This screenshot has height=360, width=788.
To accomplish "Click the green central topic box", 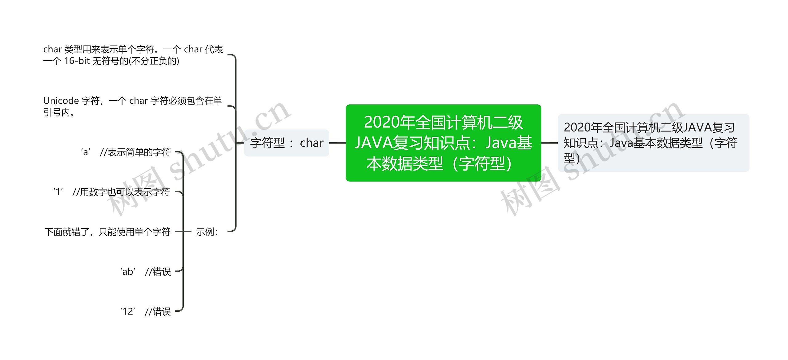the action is [x=443, y=143].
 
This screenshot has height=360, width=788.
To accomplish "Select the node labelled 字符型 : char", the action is [x=287, y=143].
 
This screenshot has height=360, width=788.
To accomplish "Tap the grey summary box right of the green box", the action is [x=653, y=143].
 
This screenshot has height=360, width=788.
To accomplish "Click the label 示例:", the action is [x=207, y=232].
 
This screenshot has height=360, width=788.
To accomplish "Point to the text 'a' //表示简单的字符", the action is [x=126, y=152].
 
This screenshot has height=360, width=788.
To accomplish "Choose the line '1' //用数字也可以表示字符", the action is [x=111, y=192].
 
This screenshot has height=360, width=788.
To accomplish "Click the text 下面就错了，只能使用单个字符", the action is [x=107, y=232].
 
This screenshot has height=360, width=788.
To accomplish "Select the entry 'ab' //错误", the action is [x=145, y=272].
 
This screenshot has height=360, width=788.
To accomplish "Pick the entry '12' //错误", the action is [x=145, y=311].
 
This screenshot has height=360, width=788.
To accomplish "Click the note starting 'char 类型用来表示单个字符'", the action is [x=133, y=55].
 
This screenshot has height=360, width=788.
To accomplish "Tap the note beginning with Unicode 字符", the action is [x=133, y=106].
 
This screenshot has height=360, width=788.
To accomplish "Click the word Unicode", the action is [x=61, y=101].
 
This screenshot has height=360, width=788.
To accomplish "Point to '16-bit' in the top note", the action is [x=77, y=61].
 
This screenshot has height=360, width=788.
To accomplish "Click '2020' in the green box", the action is [x=381, y=122].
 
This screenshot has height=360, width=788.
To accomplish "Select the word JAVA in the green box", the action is [x=373, y=143].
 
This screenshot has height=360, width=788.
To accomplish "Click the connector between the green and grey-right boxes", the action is [x=549, y=143].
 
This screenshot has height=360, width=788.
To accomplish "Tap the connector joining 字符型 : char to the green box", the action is [x=337, y=143].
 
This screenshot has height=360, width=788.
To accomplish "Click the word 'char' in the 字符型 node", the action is [x=312, y=143].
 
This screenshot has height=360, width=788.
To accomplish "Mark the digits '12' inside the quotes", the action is [x=128, y=311].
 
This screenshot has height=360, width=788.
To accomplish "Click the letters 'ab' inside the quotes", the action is [x=128, y=272].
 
